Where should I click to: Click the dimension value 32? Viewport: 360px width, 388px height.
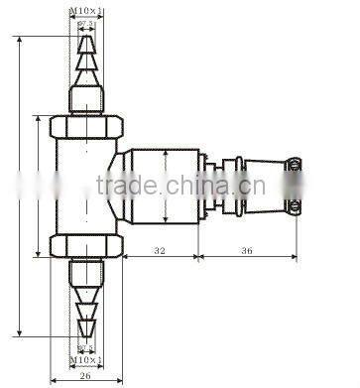tap(159, 252)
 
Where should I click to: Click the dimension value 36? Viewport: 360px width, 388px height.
tap(247, 252)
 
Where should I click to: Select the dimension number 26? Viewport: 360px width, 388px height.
tap(85, 376)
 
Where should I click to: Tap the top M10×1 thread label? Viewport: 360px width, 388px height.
tap(87, 10)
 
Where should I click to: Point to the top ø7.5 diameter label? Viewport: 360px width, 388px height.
tap(87, 22)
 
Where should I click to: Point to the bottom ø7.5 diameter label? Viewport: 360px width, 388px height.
tap(87, 347)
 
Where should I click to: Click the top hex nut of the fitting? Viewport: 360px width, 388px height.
tap(87, 126)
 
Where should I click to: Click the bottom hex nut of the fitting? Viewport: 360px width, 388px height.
tap(87, 245)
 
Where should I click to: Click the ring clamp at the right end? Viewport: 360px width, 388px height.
tap(294, 186)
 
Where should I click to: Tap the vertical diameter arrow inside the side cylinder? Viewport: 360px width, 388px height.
tap(165, 187)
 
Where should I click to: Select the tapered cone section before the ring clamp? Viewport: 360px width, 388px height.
tap(259, 186)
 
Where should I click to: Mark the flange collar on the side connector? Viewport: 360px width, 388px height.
tap(204, 187)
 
